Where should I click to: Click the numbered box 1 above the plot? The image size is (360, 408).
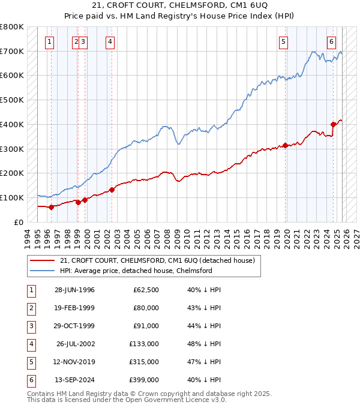pyautogui.click(x=49, y=41)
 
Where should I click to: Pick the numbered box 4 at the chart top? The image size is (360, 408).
pyautogui.click(x=110, y=41)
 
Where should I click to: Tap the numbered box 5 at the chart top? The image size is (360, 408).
pyautogui.click(x=283, y=41)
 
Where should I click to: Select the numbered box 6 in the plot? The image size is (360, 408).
pyautogui.click(x=331, y=41)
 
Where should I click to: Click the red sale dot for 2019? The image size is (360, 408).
pyautogui.click(x=286, y=145)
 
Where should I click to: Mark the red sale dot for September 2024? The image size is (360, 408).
pyautogui.click(x=333, y=125)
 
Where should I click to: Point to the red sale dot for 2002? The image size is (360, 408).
pyautogui.click(x=112, y=190)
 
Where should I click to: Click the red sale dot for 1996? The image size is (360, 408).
pyautogui.click(x=51, y=207)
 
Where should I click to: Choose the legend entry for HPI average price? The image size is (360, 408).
pyautogui.click(x=136, y=271)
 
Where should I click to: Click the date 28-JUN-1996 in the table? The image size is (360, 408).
pyautogui.click(x=74, y=290)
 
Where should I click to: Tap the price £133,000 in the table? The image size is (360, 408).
pyautogui.click(x=144, y=344)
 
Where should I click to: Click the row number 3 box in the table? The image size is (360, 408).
pyautogui.click(x=29, y=326)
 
